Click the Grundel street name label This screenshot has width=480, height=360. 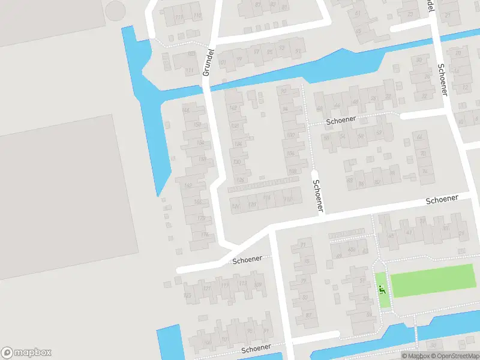208,62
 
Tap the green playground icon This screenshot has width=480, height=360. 382,290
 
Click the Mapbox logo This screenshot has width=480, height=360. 26,353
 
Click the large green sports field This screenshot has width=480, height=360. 432,280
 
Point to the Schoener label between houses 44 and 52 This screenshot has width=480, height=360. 341,120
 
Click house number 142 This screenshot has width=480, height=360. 188,185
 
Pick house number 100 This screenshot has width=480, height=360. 291,135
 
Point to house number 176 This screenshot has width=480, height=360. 205,235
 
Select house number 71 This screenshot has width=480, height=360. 303,245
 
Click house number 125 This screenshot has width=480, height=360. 187,295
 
